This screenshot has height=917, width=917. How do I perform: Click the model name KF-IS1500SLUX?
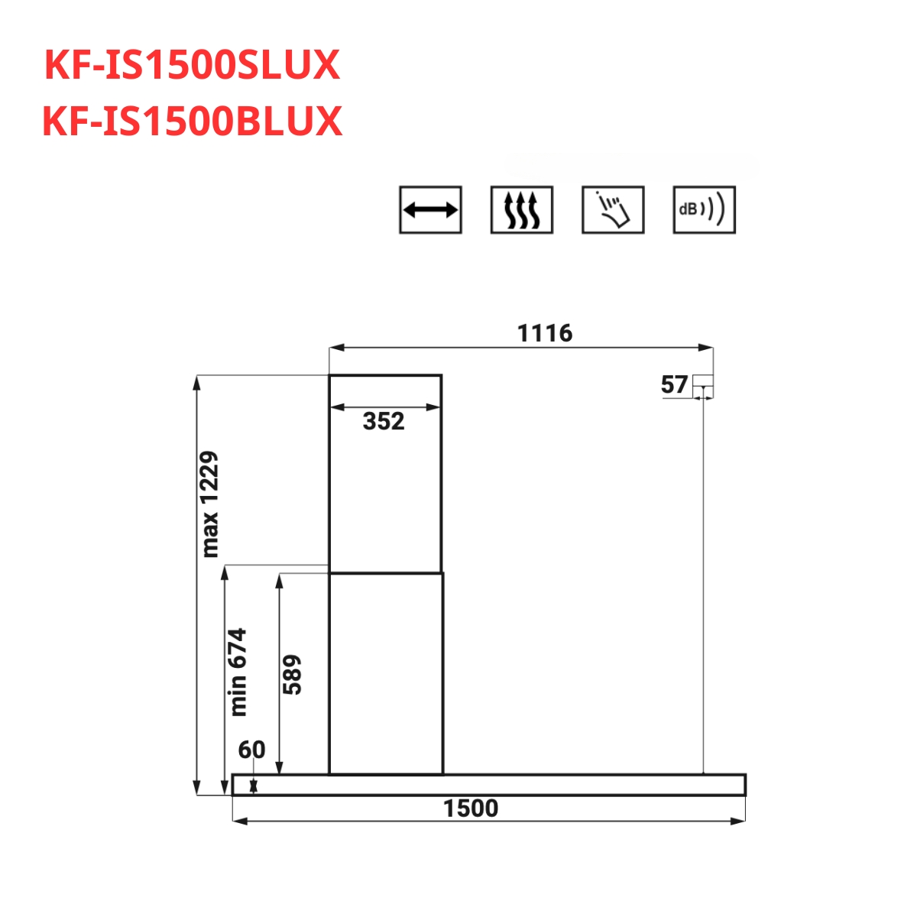coord(193,65)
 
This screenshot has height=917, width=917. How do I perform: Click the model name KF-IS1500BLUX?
coord(193,122)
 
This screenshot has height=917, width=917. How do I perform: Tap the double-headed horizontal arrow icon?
coord(430,210)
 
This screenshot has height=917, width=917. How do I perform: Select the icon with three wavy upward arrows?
coord(522,210)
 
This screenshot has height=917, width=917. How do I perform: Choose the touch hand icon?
coord(613,210)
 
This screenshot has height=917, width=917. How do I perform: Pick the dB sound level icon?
coord(705,210)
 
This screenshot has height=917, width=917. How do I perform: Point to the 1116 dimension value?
coord(544,333)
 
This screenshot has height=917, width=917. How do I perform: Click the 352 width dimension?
coord(384,421)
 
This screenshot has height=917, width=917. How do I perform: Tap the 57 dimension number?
coord(674,384)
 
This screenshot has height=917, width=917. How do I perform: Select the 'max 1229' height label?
coord(209,504)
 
